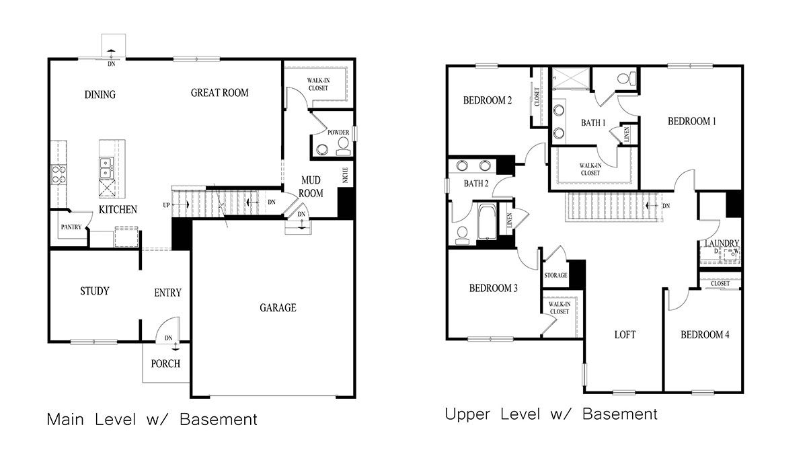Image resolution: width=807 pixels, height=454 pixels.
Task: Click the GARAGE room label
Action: [278, 308]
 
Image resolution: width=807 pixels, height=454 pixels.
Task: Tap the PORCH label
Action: [165, 364]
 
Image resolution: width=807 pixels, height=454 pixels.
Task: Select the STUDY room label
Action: [94, 291]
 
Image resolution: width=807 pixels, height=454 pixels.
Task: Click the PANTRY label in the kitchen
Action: [71, 227]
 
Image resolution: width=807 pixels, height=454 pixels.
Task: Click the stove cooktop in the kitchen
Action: [58, 175]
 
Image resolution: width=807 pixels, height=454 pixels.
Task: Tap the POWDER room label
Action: [338, 133]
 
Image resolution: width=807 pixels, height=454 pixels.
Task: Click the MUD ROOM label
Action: [311, 187]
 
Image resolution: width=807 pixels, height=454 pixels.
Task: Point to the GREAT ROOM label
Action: [219, 93]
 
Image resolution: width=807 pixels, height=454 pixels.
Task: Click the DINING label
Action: [100, 94]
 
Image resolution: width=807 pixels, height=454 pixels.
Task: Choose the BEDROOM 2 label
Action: [488, 101]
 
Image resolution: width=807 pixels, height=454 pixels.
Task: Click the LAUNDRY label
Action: [722, 243]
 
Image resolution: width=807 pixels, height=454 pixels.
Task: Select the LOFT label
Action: [625, 334]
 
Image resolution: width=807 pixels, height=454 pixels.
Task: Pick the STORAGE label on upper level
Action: [555, 275]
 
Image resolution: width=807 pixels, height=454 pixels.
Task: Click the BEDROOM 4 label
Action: [704, 335]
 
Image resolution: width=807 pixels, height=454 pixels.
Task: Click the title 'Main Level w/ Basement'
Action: [152, 420]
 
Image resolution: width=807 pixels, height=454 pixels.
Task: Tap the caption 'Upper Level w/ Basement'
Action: [551, 414]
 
